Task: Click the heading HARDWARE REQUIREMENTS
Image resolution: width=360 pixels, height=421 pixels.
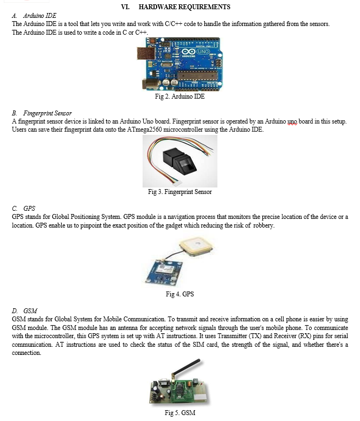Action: coord(184,7)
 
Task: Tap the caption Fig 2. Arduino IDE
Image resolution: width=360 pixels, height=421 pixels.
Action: coord(180,96)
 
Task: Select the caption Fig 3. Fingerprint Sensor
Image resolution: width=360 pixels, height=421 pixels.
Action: coord(180,192)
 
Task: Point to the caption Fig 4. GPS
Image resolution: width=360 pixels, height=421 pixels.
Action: coord(180,294)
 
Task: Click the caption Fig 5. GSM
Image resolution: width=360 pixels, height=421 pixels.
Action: coord(180,412)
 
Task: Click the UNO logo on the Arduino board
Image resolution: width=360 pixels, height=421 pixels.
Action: coord(203,51)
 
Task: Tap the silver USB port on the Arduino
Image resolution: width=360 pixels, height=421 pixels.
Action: coord(145,53)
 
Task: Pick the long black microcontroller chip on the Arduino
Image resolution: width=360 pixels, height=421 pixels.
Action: coord(197,75)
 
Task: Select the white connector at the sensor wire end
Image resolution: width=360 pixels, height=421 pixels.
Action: coord(177,184)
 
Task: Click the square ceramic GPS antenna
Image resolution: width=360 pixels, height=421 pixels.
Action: coord(196,246)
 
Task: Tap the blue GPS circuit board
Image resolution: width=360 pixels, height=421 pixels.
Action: coord(164,271)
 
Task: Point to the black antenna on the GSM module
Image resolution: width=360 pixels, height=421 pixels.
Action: coord(186,368)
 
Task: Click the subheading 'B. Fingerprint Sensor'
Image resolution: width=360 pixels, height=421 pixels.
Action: coord(42,113)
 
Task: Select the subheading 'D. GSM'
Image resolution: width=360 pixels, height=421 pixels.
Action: coord(24,310)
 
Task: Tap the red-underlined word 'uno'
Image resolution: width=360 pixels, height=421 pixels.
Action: coord(292,121)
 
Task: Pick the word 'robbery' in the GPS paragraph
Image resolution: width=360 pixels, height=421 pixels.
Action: coord(264,225)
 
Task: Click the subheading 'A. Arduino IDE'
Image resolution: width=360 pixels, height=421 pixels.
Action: coord(34,16)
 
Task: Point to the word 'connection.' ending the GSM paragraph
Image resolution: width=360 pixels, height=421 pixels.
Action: coord(27,353)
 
